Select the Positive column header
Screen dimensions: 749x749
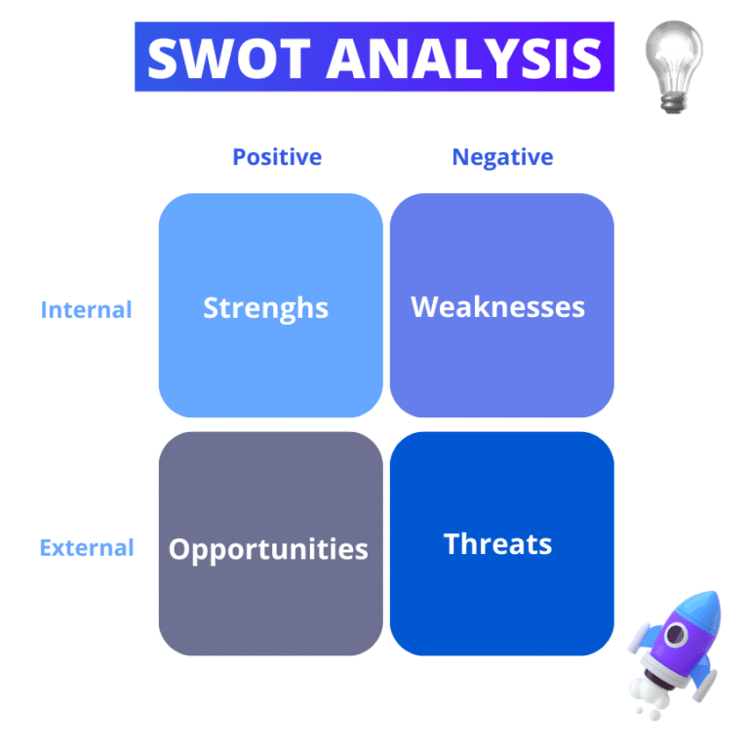[x=277, y=157]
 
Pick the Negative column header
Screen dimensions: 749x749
[x=502, y=157]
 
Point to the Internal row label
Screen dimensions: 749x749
[x=86, y=310]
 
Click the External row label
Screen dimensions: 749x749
[x=87, y=548]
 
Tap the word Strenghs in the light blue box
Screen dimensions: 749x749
[x=265, y=308]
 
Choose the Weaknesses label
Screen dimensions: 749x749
[x=498, y=307]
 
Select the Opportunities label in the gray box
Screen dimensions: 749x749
[x=268, y=549]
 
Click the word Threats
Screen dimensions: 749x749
[x=497, y=543]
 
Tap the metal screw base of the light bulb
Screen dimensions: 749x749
[x=672, y=100]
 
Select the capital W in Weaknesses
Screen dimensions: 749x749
[x=425, y=307]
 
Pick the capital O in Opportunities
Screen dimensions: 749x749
[x=180, y=549]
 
